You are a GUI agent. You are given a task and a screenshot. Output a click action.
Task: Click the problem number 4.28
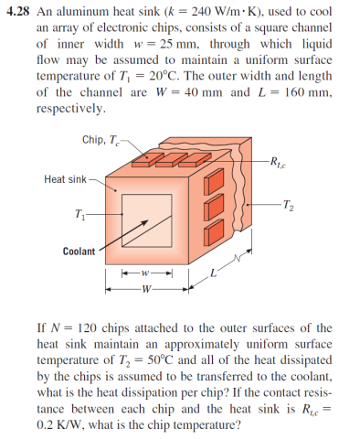pyautogui.click(x=18, y=13)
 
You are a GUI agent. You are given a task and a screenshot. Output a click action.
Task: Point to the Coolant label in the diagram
pyautogui.click(x=81, y=251)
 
